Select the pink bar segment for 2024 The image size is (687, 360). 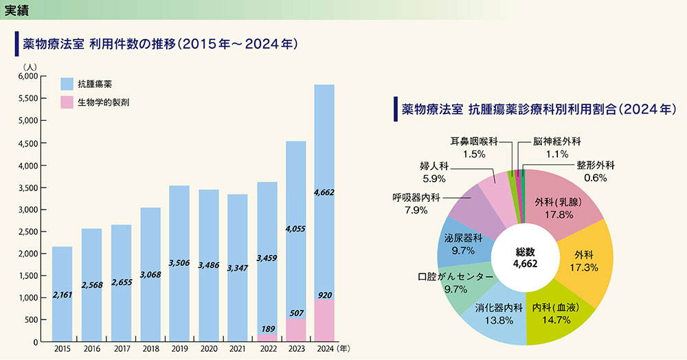pos(324,320)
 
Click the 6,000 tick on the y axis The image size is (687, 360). pos(27,77)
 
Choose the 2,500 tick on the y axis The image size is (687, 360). pos(27,232)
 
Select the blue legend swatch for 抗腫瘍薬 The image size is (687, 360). pos(67,84)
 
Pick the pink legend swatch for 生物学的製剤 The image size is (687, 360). pos(67,102)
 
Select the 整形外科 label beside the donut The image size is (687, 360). pos(596,166)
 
